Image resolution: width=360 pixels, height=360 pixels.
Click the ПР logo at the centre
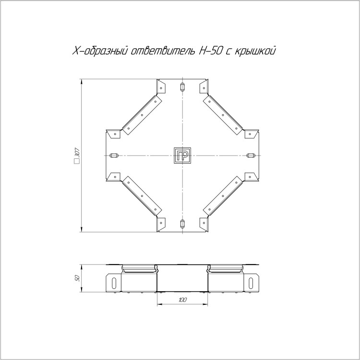point(182,156)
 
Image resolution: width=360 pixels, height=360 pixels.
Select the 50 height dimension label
point(78,278)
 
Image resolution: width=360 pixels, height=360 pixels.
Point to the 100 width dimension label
point(182,300)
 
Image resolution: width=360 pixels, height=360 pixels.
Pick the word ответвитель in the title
point(162,51)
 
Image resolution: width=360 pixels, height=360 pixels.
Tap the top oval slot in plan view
point(182,87)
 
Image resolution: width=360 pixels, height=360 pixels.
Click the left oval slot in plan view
point(114,156)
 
